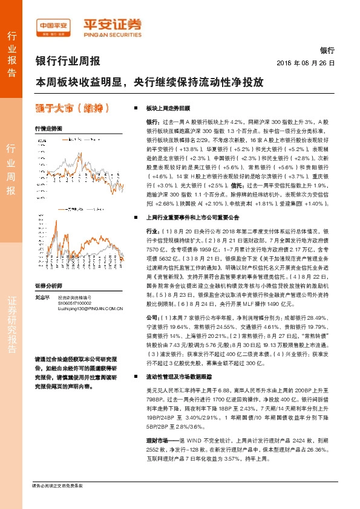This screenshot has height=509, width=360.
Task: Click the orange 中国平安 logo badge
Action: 54,27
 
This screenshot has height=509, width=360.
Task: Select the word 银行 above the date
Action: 326,51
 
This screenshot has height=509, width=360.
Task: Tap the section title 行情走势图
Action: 48,129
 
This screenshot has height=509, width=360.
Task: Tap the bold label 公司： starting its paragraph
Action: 155,317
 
